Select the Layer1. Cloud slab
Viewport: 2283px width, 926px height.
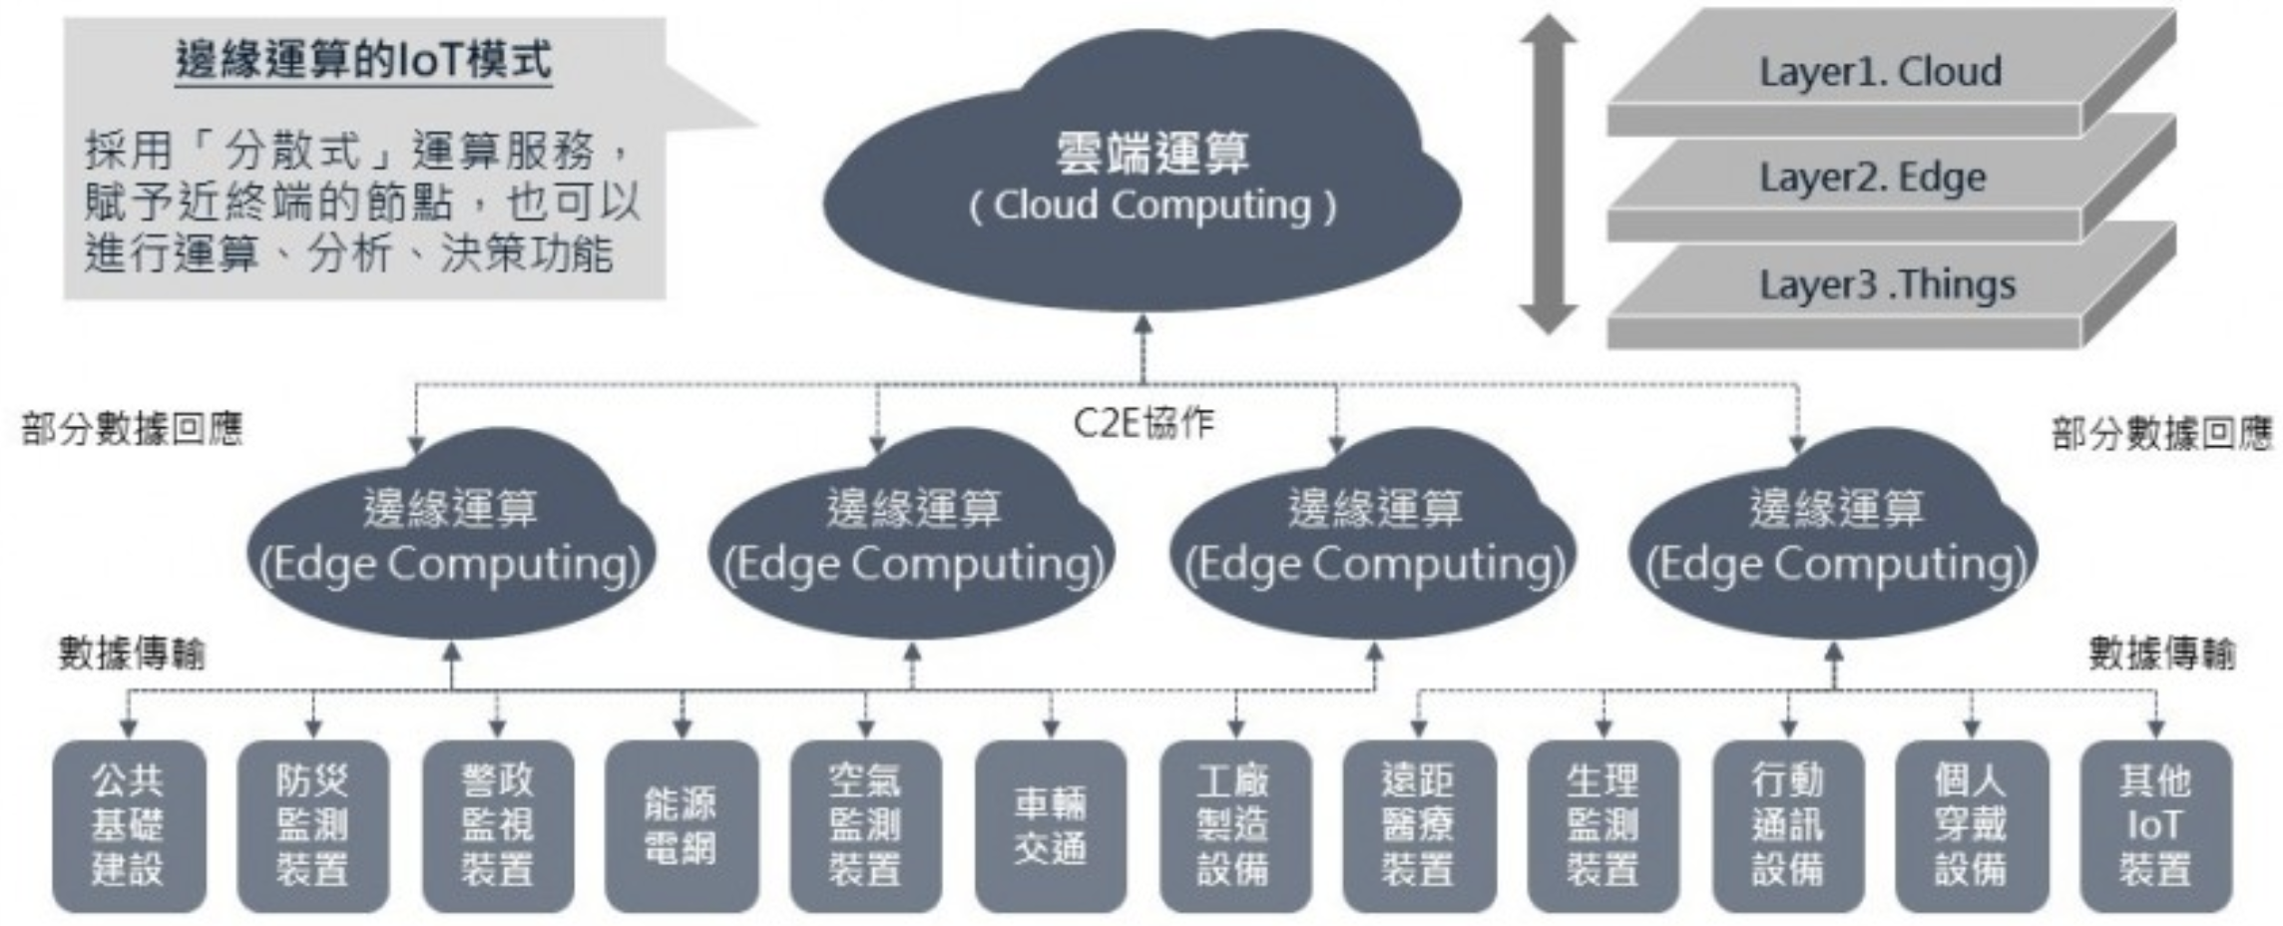point(1881,72)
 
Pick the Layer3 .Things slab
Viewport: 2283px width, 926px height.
point(1886,285)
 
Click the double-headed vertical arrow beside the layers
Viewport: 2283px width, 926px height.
point(1548,175)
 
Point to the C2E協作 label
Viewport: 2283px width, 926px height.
point(1143,423)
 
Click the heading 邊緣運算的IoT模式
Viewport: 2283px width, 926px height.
point(363,60)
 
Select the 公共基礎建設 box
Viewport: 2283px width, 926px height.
point(129,826)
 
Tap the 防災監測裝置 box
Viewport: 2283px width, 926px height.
point(313,826)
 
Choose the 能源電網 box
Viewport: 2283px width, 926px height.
point(682,826)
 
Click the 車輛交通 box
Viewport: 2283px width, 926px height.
point(1051,826)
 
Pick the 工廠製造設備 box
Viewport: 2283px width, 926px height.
point(1234,826)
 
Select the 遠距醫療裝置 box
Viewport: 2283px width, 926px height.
point(1419,826)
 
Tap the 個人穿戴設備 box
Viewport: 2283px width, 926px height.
point(1972,826)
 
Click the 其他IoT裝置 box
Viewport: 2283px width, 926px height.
point(2155,826)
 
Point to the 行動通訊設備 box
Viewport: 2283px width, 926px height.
point(1788,826)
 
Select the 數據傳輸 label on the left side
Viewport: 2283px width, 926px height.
point(132,654)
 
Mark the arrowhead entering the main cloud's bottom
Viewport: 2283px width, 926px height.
point(1143,325)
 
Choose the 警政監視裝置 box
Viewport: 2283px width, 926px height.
point(498,826)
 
